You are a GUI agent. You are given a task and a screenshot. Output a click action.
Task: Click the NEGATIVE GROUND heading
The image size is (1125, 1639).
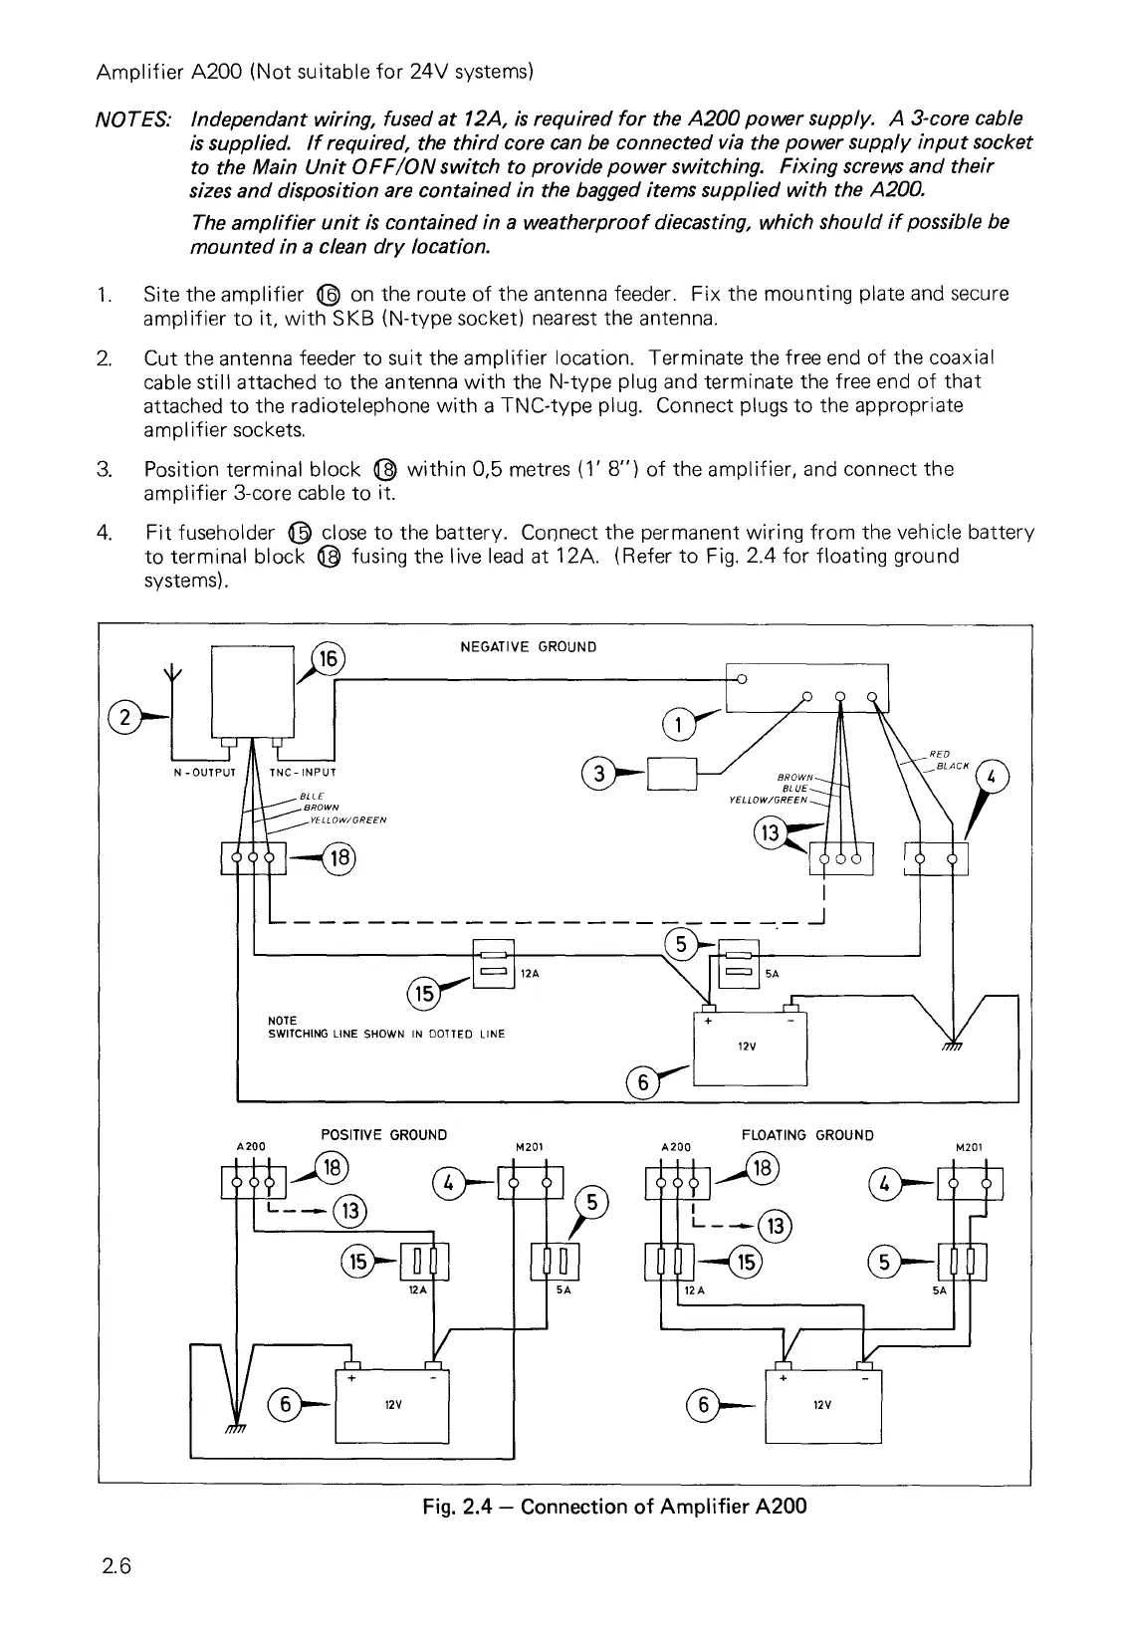(x=528, y=647)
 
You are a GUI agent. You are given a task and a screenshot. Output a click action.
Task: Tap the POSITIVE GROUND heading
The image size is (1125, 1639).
(x=383, y=1135)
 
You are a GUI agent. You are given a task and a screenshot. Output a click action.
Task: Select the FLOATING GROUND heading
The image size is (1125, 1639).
(x=807, y=1135)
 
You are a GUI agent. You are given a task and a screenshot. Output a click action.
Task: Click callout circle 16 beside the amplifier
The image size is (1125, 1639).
(x=328, y=660)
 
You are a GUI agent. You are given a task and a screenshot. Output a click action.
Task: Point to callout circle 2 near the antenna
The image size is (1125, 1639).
(x=124, y=716)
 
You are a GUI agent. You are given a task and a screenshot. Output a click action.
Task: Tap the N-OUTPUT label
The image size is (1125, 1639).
(x=203, y=772)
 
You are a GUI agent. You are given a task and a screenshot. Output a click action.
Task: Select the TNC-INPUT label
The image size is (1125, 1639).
(x=303, y=772)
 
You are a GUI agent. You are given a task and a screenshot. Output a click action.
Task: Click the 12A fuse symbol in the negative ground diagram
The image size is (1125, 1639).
(x=493, y=963)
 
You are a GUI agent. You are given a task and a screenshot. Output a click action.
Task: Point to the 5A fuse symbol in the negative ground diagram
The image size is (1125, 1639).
(x=739, y=963)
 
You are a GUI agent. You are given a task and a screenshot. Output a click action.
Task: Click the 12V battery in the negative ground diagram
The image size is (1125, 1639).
(x=749, y=1049)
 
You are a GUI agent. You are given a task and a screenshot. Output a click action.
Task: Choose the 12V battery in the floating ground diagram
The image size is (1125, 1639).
(x=822, y=1405)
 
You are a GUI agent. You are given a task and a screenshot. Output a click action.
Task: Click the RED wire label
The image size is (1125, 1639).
(x=939, y=754)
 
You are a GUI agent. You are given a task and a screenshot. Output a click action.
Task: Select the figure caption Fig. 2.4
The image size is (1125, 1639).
(x=613, y=1506)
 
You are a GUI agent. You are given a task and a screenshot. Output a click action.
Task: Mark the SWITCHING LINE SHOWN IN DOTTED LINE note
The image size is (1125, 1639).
(x=386, y=1034)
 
